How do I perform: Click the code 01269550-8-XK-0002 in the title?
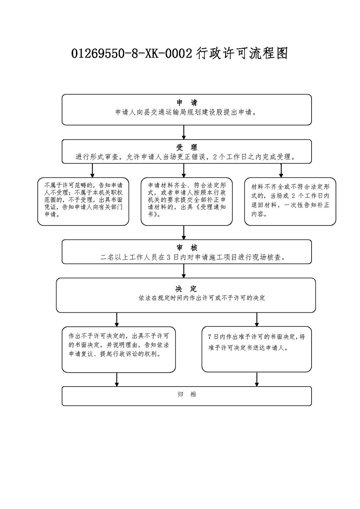pyautogui.click(x=132, y=54)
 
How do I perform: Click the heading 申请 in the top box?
pyautogui.click(x=187, y=103)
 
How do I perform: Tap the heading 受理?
pyautogui.click(x=187, y=147)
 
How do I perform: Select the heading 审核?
pyautogui.click(x=187, y=248)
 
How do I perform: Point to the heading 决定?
pyautogui.click(x=186, y=289)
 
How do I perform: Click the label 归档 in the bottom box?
pyautogui.click(x=187, y=395)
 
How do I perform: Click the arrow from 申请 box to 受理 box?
pyautogui.click(x=184, y=132)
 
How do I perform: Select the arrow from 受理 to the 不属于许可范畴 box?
pyautogui.click(x=92, y=170)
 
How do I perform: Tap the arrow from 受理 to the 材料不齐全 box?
pyautogui.click(x=281, y=170)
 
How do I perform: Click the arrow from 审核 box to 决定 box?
pyautogui.click(x=184, y=271)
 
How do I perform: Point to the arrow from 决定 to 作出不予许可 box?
pyautogui.click(x=117, y=319)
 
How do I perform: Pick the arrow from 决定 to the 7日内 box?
pyautogui.click(x=256, y=319)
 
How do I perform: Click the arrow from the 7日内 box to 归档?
pyautogui.click(x=256, y=379)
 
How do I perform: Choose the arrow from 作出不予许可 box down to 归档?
pyautogui.click(x=117, y=379)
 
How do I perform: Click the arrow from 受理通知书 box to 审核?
pyautogui.click(x=184, y=233)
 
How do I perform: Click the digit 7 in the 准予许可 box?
pyautogui.click(x=210, y=337)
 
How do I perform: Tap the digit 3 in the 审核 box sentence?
pyautogui.click(x=168, y=257)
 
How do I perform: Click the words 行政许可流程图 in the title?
pyautogui.click(x=242, y=54)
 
